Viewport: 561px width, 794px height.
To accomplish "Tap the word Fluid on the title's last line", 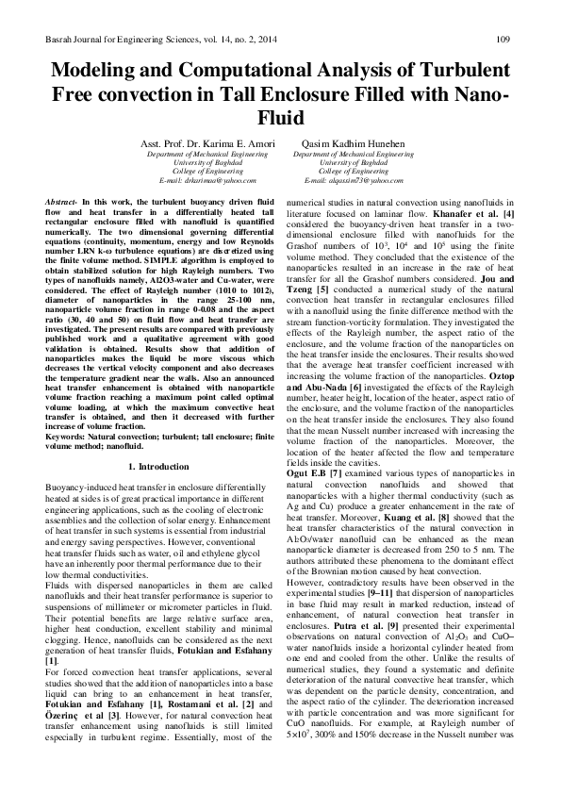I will coord(280,119).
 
